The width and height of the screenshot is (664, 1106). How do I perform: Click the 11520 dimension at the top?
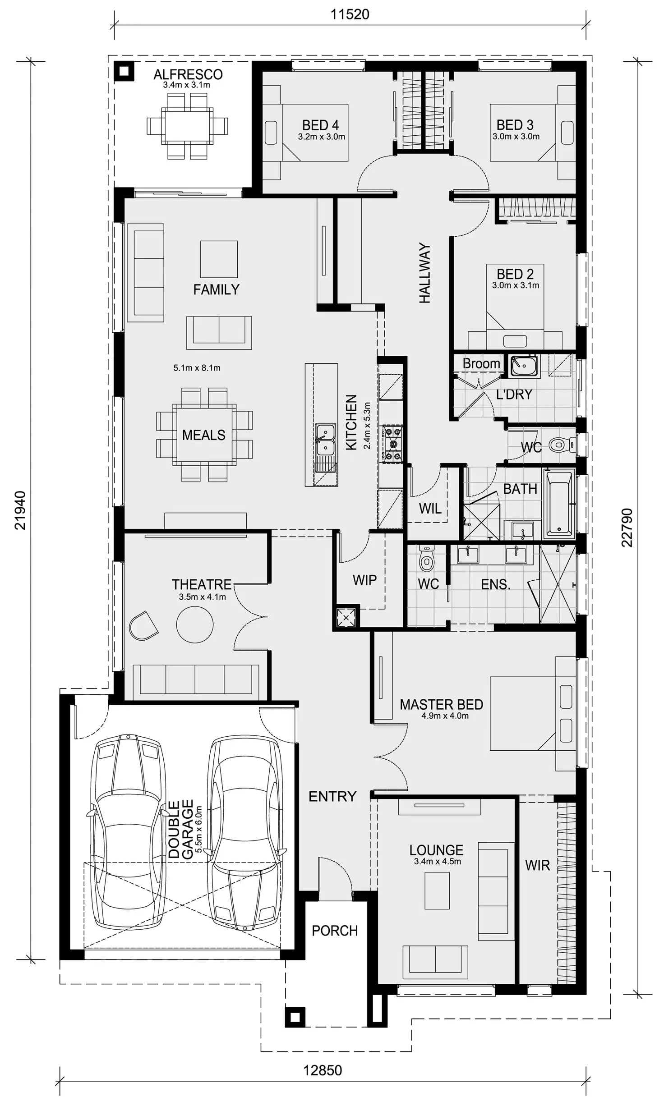350,14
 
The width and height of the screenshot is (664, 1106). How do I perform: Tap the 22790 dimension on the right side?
627,527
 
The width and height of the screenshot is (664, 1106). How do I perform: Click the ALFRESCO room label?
188,74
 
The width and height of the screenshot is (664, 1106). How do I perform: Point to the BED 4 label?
320,125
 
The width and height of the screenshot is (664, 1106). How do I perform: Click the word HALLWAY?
425,273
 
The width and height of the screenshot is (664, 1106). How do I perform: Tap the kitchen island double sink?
325,440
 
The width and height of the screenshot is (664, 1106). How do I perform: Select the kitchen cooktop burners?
392,444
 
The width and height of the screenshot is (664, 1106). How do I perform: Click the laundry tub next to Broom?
525,365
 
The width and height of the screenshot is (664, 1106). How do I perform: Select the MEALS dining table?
204,435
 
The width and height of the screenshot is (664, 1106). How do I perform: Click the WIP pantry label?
364,580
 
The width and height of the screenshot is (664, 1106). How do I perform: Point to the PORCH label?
335,931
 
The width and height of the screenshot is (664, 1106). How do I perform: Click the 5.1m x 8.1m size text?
197,368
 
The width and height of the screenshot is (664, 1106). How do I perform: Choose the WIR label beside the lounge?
537,865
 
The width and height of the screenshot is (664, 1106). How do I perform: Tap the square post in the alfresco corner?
124,71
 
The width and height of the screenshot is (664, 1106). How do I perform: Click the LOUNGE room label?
436,850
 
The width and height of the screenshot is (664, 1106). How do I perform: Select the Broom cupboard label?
481,363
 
